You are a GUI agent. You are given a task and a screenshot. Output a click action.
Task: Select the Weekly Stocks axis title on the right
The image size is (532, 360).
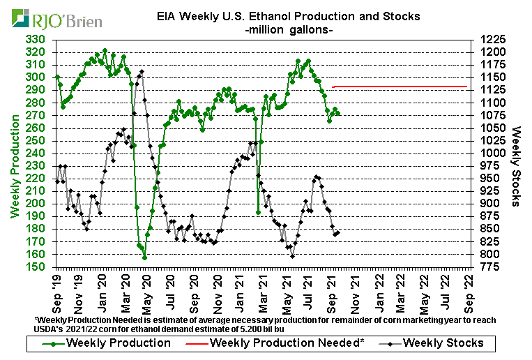pyautogui.click(x=517, y=166)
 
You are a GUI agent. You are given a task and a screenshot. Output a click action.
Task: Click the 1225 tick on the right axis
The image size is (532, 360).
pyautogui.click(x=489, y=40)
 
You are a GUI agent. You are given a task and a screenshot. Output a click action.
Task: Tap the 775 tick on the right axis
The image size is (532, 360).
pyautogui.click(x=489, y=267)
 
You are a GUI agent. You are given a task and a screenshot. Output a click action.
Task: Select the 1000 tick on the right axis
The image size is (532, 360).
pyautogui.click(x=489, y=153)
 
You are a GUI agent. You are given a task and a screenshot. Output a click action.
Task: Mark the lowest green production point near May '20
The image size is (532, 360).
pyautogui.click(x=144, y=257)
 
